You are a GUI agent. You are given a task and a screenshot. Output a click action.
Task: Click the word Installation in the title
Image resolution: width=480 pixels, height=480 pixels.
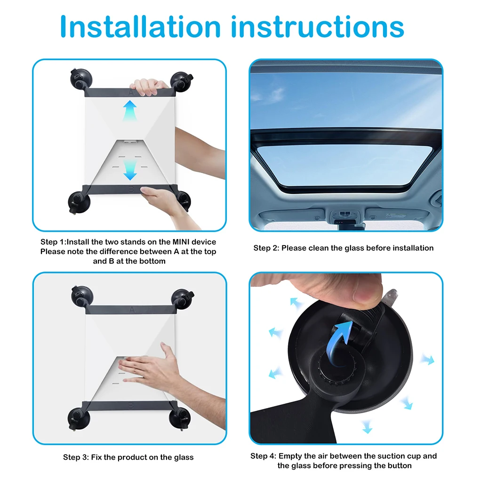coord(140,27)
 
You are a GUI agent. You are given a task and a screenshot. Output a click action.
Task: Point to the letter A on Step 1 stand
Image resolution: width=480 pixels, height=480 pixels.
coord(130,92)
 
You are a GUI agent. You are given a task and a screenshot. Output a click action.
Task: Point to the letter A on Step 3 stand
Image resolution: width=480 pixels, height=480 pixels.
coord(131,310)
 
